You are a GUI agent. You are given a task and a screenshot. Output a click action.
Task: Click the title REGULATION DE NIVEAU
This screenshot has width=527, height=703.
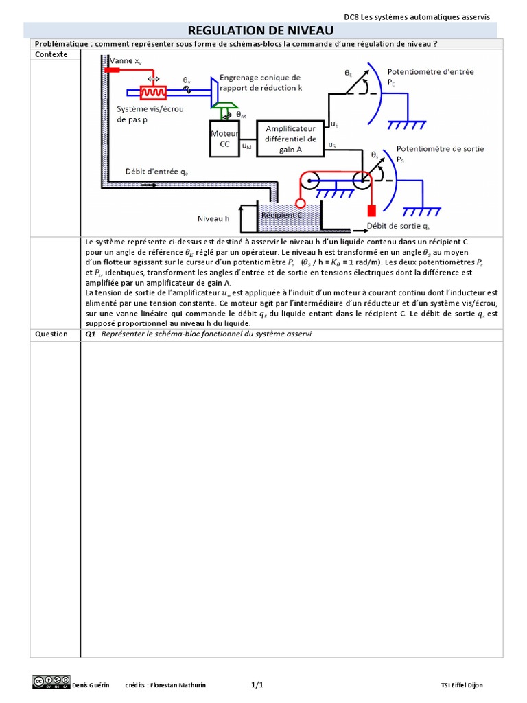pos(260,31)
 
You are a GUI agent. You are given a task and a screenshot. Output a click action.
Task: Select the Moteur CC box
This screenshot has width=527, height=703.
pos(224,138)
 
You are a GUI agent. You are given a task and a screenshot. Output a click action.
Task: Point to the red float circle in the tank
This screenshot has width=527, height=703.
pos(299,204)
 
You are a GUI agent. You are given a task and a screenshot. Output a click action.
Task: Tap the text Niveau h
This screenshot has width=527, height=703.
pos(214,218)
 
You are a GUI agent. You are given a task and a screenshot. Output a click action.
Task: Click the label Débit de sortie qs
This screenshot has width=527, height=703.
pos(399,226)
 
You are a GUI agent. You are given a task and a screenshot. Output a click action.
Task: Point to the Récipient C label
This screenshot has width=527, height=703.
pos(281,214)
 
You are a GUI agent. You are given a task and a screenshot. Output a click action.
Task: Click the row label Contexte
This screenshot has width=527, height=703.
pos(51,54)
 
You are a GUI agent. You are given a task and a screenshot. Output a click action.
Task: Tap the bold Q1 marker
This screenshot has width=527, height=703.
pos(90,334)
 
